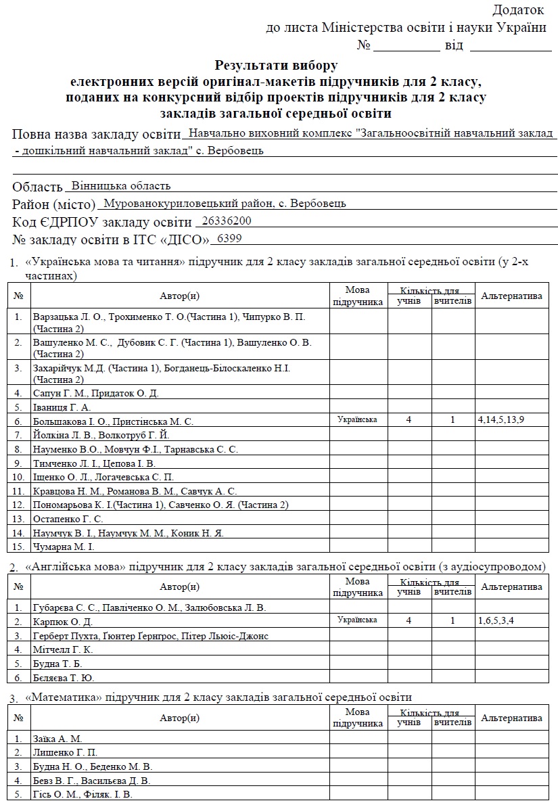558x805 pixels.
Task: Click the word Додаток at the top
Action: [517, 10]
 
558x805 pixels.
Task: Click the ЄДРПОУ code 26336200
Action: [227, 221]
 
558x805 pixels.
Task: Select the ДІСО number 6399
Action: [227, 238]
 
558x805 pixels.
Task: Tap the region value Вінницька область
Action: [121, 185]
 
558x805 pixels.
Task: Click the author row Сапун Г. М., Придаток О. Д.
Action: [96, 393]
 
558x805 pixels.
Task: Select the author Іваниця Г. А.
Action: [62, 407]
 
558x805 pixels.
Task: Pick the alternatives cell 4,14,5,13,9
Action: [501, 420]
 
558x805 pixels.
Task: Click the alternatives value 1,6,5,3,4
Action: [496, 620]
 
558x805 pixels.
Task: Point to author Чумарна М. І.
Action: [64, 546]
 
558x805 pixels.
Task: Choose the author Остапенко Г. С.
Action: [68, 519]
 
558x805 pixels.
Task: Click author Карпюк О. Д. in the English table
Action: [63, 621]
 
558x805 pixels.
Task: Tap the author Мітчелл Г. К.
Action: [63, 649]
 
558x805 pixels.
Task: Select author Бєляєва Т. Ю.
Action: [64, 677]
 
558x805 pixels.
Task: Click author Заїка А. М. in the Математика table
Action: [57, 739]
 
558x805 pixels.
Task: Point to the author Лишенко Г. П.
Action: [66, 752]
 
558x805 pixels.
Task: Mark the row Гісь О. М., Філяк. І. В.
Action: [83, 794]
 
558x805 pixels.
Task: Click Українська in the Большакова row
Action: [357, 420]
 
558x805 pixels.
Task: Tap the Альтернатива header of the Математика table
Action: [511, 718]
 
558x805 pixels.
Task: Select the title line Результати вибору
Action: [275, 66]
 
